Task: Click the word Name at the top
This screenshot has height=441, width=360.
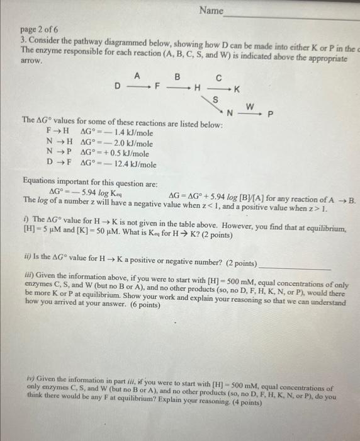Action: coord(211,10)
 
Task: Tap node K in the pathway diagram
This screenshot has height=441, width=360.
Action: coord(237,91)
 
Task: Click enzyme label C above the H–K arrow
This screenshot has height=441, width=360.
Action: coord(218,79)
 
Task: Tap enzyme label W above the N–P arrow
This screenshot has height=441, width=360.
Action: coord(249,105)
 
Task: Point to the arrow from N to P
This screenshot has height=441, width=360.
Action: coord(250,113)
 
